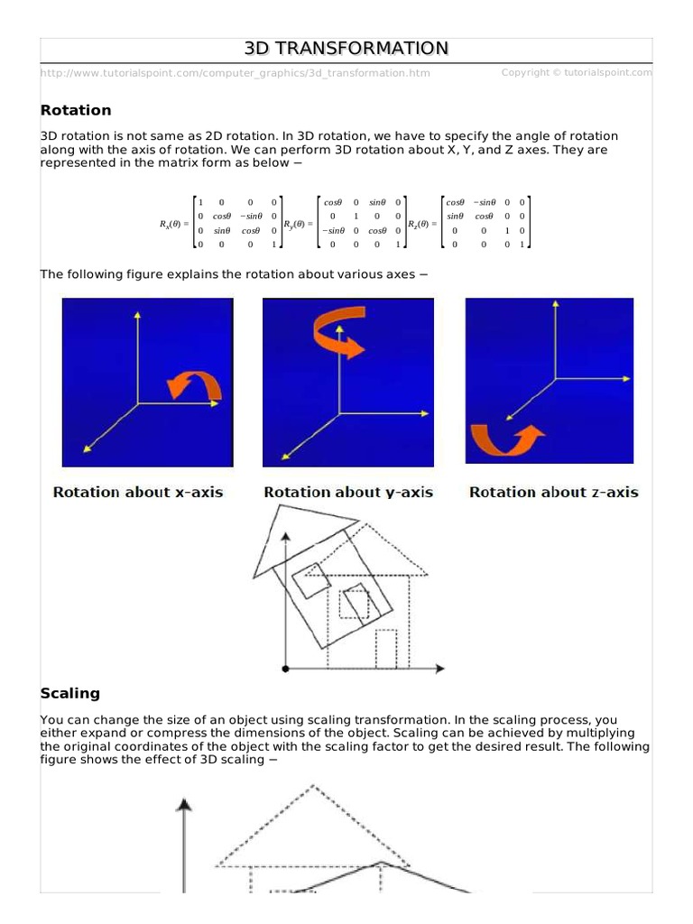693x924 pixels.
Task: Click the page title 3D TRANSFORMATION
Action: click(x=346, y=49)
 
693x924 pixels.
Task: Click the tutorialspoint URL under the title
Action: click(x=236, y=73)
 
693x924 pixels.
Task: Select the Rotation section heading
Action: click(x=76, y=110)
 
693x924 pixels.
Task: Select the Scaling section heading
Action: click(x=69, y=693)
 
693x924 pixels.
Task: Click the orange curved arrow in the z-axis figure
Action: click(x=506, y=441)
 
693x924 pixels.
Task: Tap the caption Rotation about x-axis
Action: click(x=138, y=492)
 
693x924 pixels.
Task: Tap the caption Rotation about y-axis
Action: click(x=348, y=492)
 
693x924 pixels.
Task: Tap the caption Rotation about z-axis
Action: click(x=553, y=492)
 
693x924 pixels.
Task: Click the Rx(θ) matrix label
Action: click(x=173, y=223)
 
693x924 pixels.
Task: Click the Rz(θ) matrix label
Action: click(x=422, y=223)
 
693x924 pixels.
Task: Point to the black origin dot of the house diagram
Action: click(x=285, y=669)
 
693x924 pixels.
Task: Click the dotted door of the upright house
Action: click(x=386, y=648)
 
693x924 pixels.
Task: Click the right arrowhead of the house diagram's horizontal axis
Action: click(x=439, y=669)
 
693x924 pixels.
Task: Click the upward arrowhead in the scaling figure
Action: click(x=184, y=804)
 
